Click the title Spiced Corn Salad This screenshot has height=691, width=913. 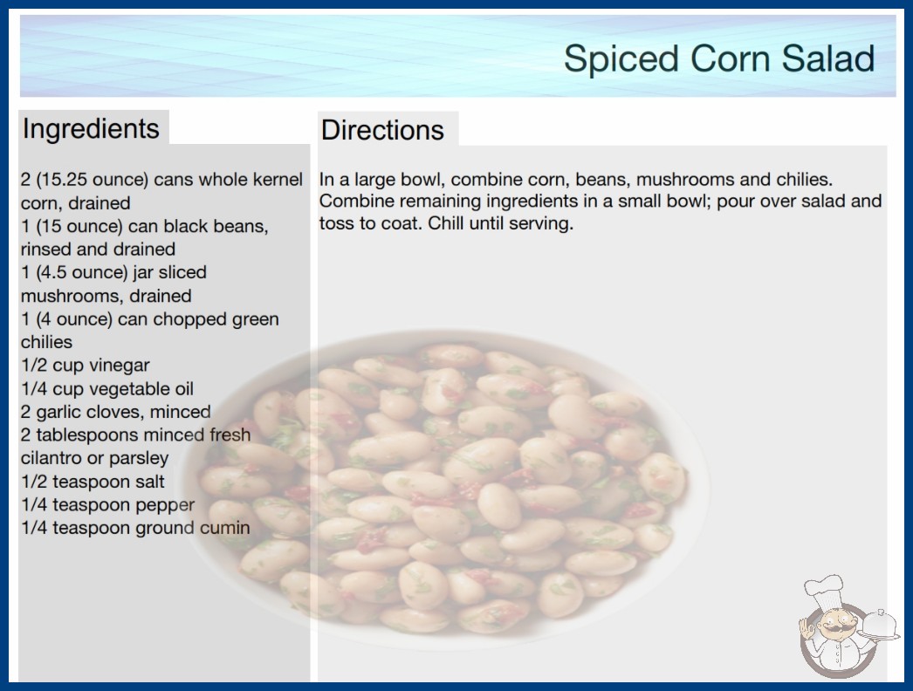click(719, 59)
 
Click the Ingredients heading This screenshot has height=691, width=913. click(91, 129)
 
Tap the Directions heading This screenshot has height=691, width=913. click(382, 130)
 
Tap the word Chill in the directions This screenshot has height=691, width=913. click(446, 223)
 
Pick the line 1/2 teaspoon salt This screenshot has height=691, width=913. click(93, 482)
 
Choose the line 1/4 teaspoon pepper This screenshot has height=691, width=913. click(107, 505)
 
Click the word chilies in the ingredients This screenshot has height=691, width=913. click(46, 342)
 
